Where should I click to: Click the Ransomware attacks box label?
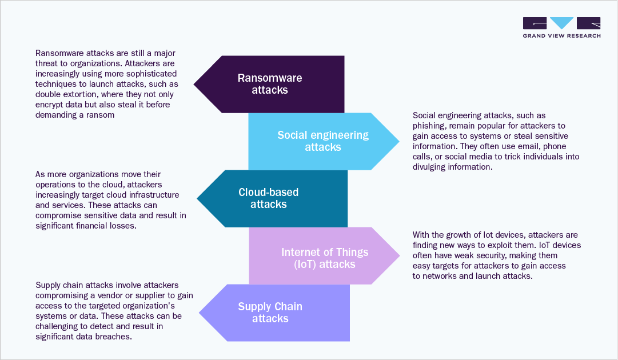point(269,83)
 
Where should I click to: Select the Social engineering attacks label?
point(323,141)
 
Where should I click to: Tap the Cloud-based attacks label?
point(268,198)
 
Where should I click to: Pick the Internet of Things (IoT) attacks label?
point(324,258)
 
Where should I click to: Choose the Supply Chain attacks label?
point(270,312)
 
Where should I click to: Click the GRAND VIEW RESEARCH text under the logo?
point(561,35)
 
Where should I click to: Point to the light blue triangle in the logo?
point(561,23)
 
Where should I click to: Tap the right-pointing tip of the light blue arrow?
point(398,141)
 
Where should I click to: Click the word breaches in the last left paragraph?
point(114,337)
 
